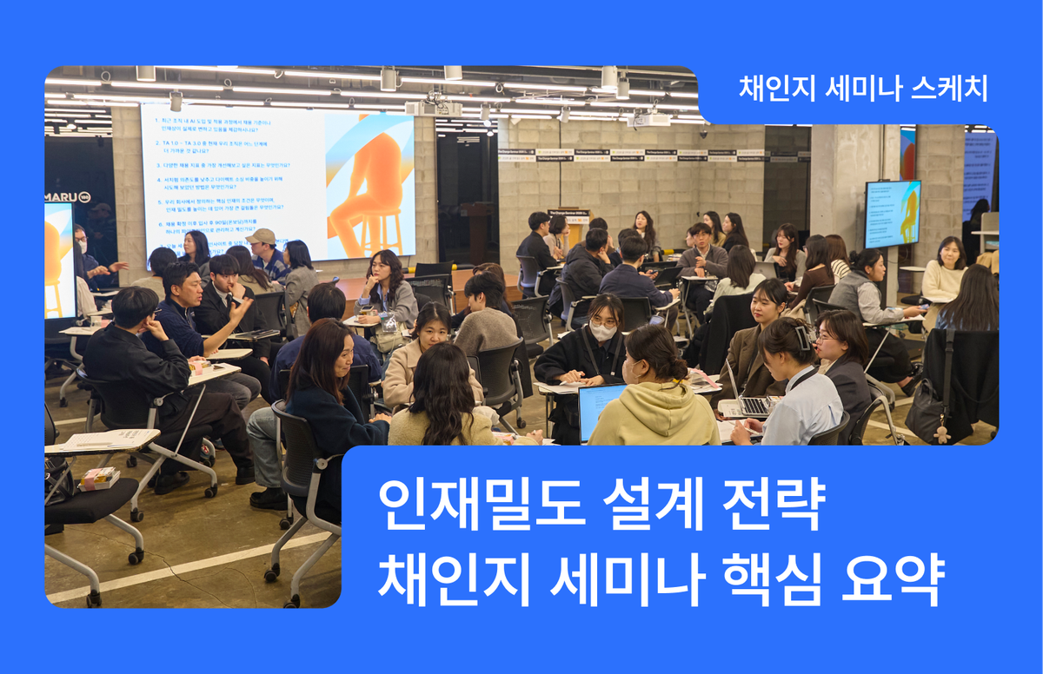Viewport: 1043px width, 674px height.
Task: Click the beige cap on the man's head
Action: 260,236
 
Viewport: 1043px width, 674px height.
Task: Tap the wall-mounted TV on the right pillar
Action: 893,214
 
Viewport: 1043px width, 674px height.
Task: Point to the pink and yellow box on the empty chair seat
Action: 98,477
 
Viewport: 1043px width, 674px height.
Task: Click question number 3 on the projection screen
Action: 225,163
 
